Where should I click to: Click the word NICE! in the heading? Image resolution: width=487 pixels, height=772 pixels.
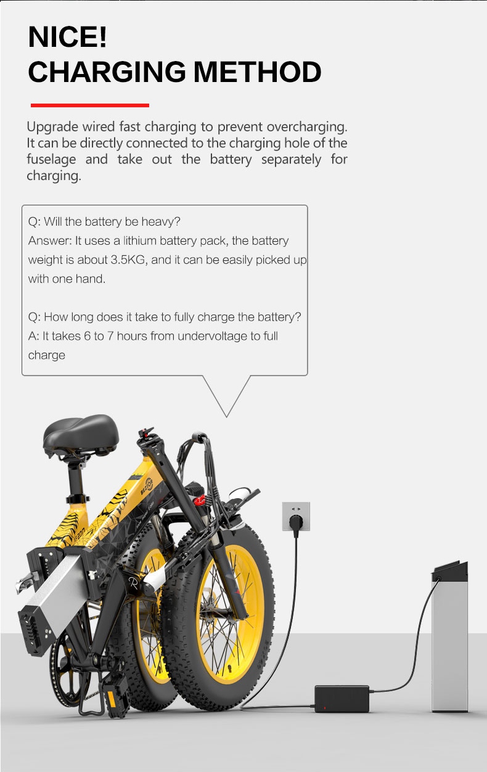click(x=68, y=38)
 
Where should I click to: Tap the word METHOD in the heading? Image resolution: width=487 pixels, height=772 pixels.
click(x=258, y=73)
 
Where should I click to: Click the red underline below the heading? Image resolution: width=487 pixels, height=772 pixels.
click(x=90, y=105)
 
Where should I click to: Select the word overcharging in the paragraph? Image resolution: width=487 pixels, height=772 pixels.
click(x=306, y=127)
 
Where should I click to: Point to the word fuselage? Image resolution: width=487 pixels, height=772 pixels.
click(x=51, y=160)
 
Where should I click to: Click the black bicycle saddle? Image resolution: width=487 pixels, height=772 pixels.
click(x=80, y=432)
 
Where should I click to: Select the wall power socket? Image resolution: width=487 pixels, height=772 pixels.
click(x=296, y=516)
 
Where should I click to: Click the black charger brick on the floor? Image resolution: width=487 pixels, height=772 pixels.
click(x=342, y=698)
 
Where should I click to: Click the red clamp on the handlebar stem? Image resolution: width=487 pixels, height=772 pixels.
click(x=200, y=498)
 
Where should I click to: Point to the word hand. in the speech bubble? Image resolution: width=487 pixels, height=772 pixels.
click(x=90, y=279)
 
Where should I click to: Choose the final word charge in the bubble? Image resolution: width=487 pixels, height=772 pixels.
click(x=47, y=355)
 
